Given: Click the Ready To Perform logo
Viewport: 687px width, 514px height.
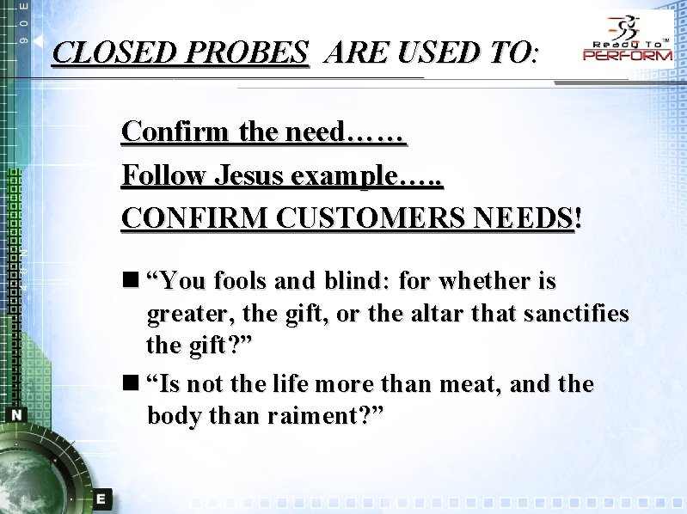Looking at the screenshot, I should [628, 40].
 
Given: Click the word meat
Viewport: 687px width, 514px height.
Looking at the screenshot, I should [469, 383].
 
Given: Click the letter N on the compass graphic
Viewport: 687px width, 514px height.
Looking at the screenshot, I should [17, 414].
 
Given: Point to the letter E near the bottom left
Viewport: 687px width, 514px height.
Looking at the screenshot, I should [101, 498].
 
